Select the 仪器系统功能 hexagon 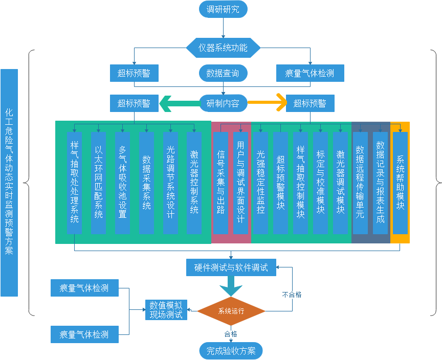tap(223, 48)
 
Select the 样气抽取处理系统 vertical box tap(75, 183)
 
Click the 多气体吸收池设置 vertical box tap(122, 183)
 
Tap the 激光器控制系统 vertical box tap(194, 183)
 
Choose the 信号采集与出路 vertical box tap(221, 183)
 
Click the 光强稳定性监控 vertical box tap(260, 183)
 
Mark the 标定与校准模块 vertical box tap(321, 183)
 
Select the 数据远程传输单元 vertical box tap(360, 183)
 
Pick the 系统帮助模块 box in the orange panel tap(400, 183)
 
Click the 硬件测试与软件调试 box tap(231, 267)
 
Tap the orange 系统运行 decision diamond tap(231, 311)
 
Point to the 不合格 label tap(292, 295)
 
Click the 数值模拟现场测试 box tap(166, 310)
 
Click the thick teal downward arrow tap(231, 286)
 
